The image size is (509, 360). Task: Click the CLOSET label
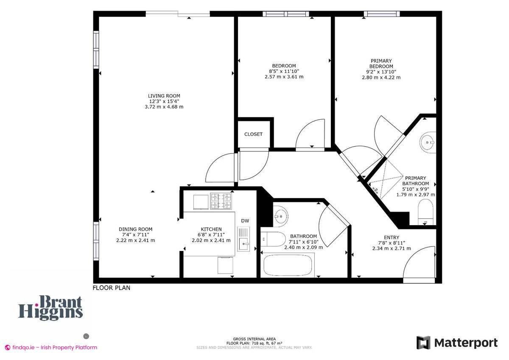253,134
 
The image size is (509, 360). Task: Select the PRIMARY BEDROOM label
381,64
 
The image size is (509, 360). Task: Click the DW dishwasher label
245,220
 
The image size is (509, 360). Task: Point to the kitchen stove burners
222,201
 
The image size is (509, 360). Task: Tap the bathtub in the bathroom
288,265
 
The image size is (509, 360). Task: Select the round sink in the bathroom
280,215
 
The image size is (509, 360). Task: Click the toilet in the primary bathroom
425,212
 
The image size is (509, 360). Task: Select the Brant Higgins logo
50,307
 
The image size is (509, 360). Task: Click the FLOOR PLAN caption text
112,287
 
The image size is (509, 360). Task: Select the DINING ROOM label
135,229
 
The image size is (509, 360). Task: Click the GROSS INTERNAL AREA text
254,339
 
